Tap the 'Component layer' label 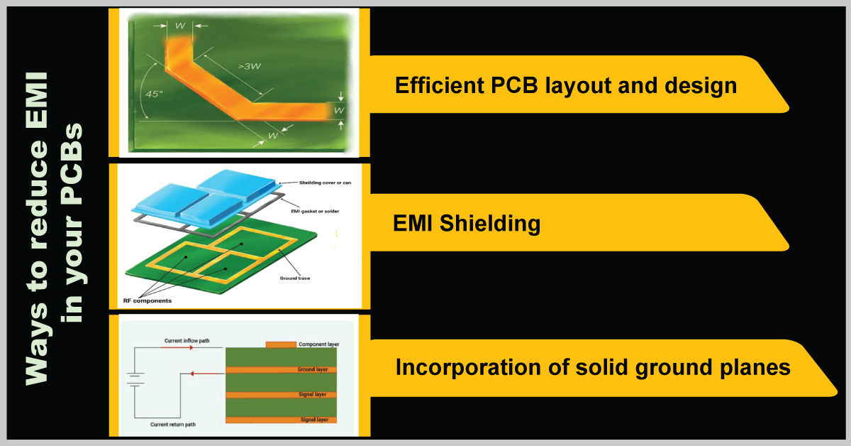pos(318,344)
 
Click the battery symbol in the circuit pos(135,384)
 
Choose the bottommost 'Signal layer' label pos(315,420)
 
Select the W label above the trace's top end pos(180,26)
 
